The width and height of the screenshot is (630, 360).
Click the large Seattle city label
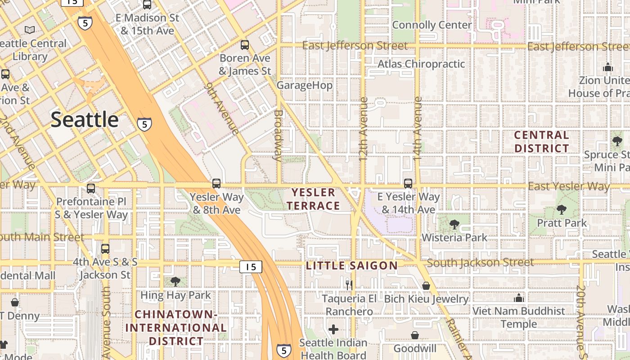85,120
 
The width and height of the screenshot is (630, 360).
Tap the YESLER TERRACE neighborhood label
314,199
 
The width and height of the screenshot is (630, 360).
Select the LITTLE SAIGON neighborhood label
352,265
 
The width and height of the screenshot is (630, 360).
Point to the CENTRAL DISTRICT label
541,141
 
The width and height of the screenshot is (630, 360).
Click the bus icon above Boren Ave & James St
245,45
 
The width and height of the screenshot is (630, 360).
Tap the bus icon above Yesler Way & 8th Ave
216,184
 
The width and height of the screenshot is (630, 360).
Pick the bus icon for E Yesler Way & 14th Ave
408,184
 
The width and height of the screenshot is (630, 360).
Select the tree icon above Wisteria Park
454,224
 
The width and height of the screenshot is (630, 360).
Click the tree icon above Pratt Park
561,210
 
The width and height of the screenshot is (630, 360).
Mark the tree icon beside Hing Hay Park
175,282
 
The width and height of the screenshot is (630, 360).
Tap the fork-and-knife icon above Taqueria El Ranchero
348,284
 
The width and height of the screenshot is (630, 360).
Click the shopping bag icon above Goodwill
415,335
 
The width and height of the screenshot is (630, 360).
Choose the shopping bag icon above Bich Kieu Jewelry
426,286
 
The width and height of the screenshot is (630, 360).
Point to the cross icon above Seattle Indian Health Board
333,329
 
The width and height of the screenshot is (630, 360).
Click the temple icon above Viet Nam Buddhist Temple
519,298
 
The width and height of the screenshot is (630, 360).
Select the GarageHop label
305,85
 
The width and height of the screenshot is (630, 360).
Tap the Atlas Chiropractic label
421,64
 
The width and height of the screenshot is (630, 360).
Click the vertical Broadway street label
278,135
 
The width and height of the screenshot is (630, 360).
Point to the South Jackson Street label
480,262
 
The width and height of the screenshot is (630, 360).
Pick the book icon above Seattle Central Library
30,30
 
